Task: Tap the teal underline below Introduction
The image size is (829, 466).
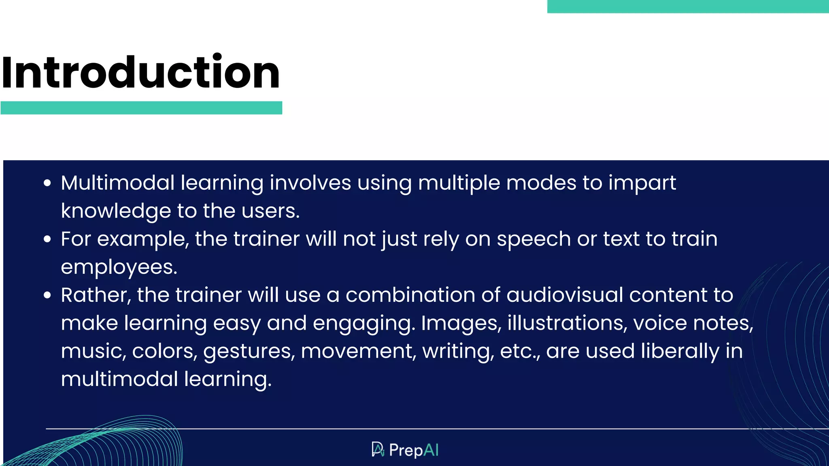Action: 141,108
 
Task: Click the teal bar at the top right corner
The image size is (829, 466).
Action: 688,6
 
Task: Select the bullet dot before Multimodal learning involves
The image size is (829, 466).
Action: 47,183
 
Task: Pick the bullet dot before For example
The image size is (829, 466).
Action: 47,239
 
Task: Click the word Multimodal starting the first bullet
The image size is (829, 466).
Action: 118,183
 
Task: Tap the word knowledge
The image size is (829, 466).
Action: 116,211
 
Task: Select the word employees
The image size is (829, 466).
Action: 119,267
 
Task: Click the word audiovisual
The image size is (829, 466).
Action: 565,295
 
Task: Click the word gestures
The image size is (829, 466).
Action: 249,351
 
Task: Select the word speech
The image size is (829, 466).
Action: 534,239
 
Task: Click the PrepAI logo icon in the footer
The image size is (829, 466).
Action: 378,449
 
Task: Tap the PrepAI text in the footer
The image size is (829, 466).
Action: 414,450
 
